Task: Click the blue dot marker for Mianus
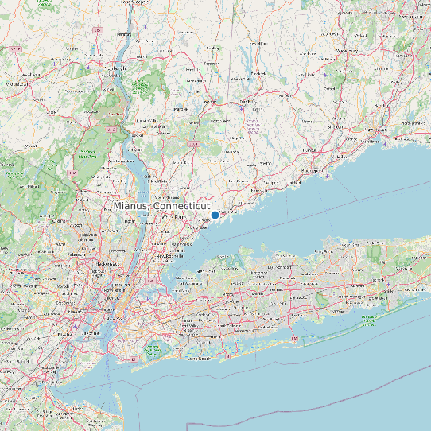(215, 215)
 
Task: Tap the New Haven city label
(375, 128)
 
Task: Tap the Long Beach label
(196, 359)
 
